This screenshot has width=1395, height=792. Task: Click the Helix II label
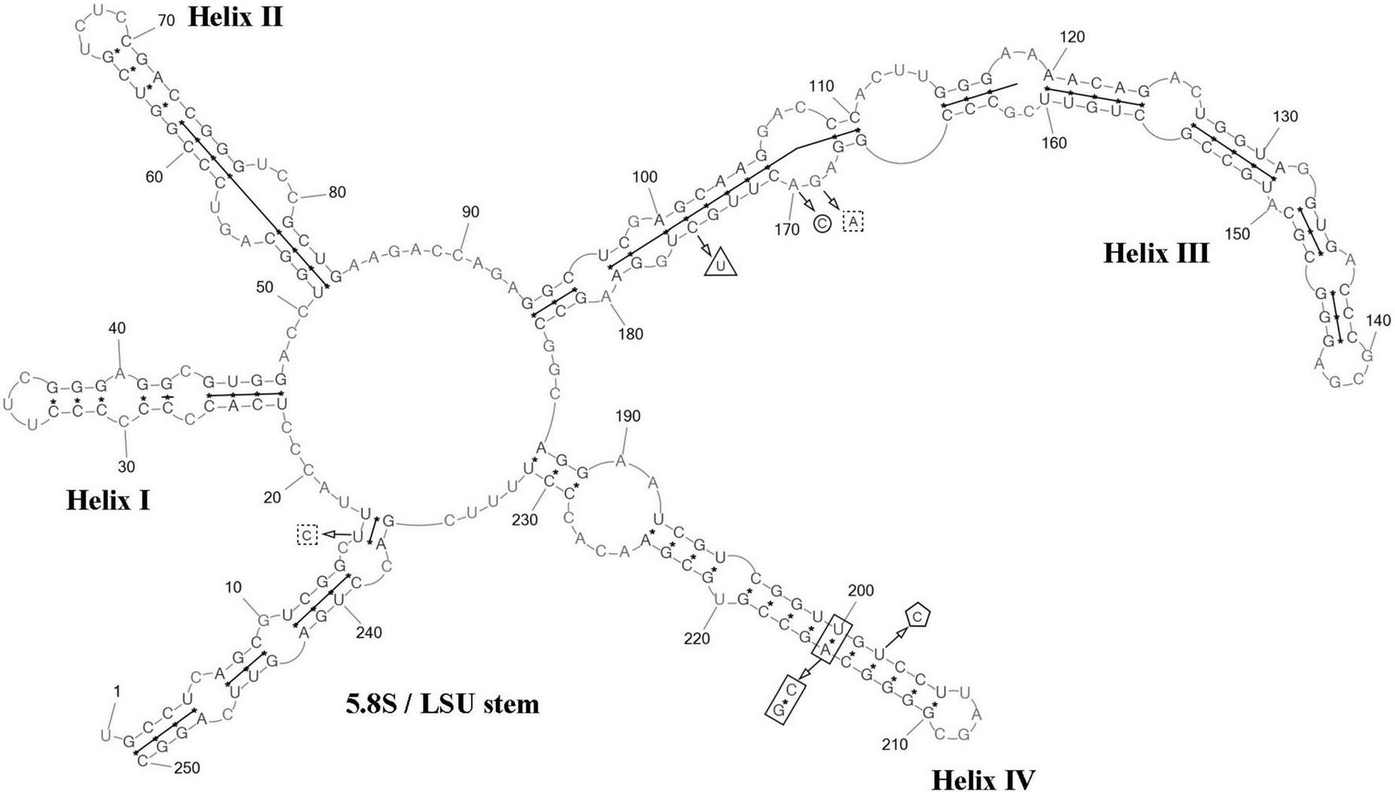pyautogui.click(x=235, y=17)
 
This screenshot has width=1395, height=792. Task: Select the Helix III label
pyautogui.click(x=1156, y=253)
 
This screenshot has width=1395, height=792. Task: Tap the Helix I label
pyautogui.click(x=108, y=500)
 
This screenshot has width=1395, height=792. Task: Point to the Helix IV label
pyautogui.click(x=982, y=779)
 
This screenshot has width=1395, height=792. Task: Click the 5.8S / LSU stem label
pyautogui.click(x=442, y=703)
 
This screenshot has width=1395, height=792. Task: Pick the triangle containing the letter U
pyautogui.click(x=720, y=263)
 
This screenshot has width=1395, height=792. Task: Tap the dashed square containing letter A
pyautogui.click(x=853, y=222)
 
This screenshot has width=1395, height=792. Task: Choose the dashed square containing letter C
pyautogui.click(x=307, y=535)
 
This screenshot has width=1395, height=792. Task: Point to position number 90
pyautogui.click(x=471, y=213)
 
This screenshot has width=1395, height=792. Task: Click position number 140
pyautogui.click(x=1378, y=320)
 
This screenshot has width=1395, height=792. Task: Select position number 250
pyautogui.click(x=187, y=768)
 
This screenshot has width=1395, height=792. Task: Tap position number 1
pyautogui.click(x=117, y=691)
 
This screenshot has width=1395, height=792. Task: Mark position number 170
pyautogui.click(x=786, y=230)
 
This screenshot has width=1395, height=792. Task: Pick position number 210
pyautogui.click(x=894, y=744)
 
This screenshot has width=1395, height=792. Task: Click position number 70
pyautogui.click(x=166, y=21)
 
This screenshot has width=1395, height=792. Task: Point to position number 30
pyautogui.click(x=126, y=467)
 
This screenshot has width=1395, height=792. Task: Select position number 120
pyautogui.click(x=1072, y=37)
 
